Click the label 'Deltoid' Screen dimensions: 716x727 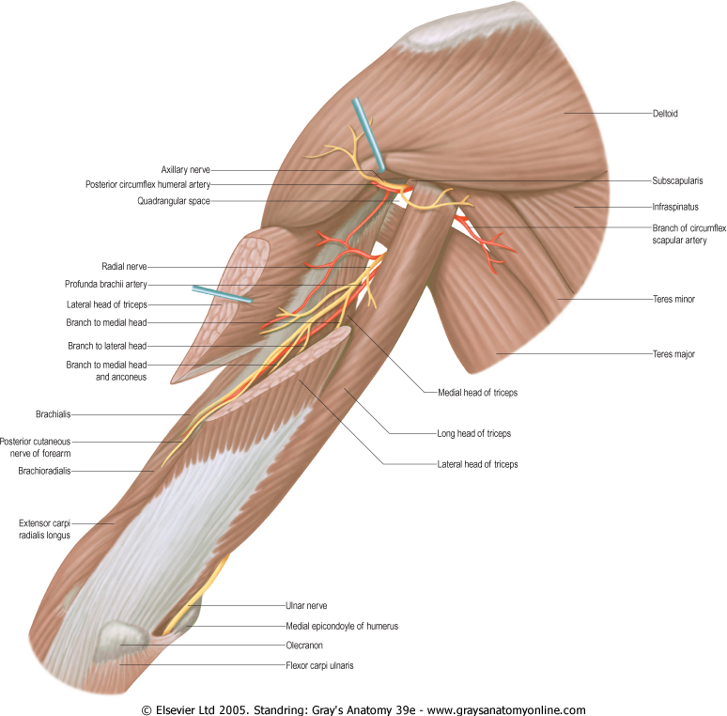664,114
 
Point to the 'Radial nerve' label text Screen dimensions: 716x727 124,267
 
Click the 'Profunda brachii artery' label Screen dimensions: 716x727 106,285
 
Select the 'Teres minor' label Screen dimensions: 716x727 673,299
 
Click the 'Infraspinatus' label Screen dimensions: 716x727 676,205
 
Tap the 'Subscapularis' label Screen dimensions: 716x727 677,179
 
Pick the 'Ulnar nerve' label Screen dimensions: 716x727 306,606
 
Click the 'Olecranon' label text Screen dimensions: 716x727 304,646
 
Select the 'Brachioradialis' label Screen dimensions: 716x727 44,471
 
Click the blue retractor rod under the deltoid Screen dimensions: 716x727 368,135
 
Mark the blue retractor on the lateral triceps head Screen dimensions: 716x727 222,296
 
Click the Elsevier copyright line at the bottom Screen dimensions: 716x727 363,710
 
